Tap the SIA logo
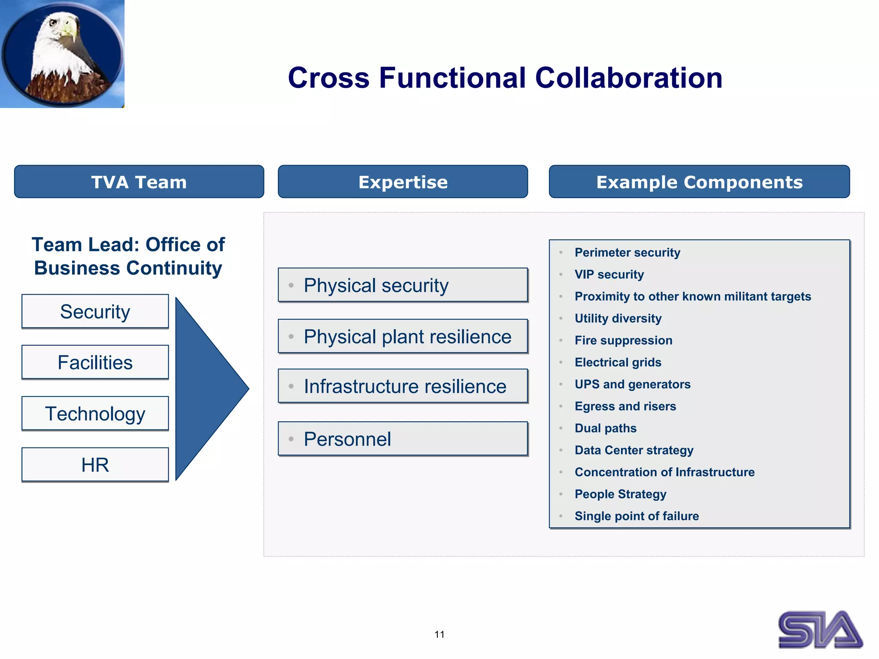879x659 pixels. pyautogui.click(x=820, y=629)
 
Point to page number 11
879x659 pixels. pyautogui.click(x=439, y=635)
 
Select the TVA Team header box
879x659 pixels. pyautogui.click(x=139, y=182)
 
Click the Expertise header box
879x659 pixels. pyautogui.click(x=403, y=182)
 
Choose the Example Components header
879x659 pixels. pyautogui.click(x=699, y=182)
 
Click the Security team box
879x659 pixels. pyautogui.click(x=95, y=311)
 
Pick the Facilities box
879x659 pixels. pyautogui.click(x=95, y=363)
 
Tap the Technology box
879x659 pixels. pyautogui.click(x=95, y=414)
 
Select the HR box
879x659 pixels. pyautogui.click(x=95, y=465)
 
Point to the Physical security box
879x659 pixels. pyautogui.click(x=403, y=285)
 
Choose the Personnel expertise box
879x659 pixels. pyautogui.click(x=403, y=439)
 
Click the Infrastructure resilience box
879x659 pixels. pyautogui.click(x=403, y=386)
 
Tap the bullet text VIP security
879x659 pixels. pyautogui.click(x=609, y=275)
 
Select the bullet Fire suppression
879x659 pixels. pyautogui.click(x=623, y=340)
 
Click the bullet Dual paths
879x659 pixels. pyautogui.click(x=605, y=428)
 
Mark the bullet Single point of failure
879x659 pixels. pyautogui.click(x=637, y=516)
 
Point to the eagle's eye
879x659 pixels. pyautogui.click(x=54, y=23)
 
